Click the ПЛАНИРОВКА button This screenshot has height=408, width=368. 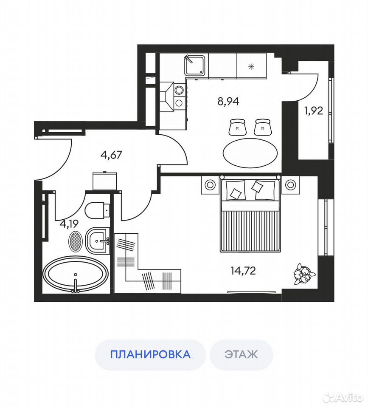click(x=150, y=354)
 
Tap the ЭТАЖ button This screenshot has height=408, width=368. click(x=241, y=354)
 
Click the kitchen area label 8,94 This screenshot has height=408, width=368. click(x=228, y=101)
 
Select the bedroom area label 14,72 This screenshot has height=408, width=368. click(x=243, y=271)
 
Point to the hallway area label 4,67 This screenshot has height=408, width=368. click(x=111, y=155)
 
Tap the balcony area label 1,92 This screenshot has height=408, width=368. click(x=314, y=111)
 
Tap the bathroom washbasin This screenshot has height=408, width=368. click(x=98, y=241)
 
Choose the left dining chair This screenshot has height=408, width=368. click(x=237, y=127)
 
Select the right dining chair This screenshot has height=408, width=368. click(x=262, y=127)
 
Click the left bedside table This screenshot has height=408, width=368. click(x=210, y=185)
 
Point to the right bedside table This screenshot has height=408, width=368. click(x=290, y=185)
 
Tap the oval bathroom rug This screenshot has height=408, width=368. click(x=75, y=242)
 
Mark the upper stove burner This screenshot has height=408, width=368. click(x=179, y=90)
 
